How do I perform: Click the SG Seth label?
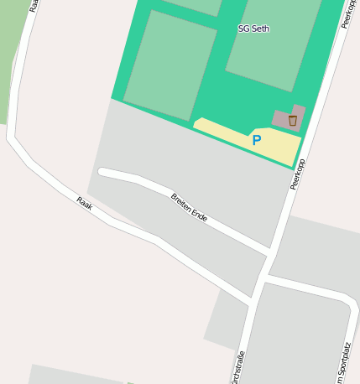(253, 29)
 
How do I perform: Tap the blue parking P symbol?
(257, 141)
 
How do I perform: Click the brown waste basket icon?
(292, 121)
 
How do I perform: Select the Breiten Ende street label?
(189, 205)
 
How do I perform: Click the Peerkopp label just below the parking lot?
(297, 174)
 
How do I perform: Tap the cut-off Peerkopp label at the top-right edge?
(347, 14)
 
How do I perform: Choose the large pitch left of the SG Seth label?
(170, 65)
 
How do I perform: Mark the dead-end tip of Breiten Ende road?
(102, 172)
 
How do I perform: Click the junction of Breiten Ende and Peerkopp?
(269, 252)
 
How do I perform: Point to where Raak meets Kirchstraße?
(251, 300)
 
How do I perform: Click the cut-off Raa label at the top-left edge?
(34, 5)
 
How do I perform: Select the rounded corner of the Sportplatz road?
(346, 299)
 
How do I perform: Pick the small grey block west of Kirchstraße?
(226, 319)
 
